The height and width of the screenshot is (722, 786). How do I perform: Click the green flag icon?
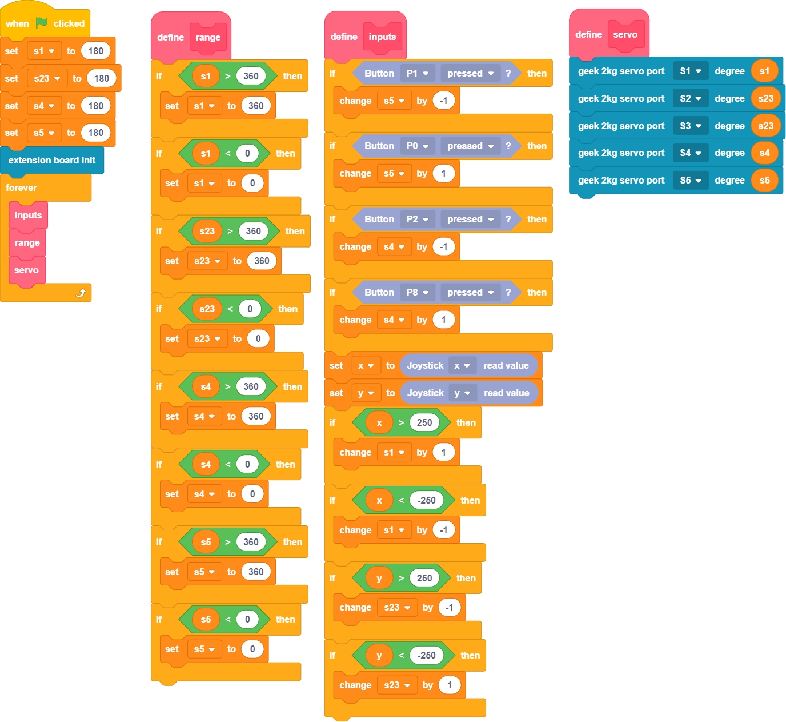[x=42, y=23]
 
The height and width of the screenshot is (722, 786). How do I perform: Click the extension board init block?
[x=51, y=160]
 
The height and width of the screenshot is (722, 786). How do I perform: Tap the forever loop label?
[x=21, y=188]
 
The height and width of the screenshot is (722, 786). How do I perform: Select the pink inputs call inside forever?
[x=28, y=216]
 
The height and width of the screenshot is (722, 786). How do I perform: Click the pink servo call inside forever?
[x=26, y=270]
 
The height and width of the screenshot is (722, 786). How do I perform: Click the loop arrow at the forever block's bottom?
[x=81, y=293]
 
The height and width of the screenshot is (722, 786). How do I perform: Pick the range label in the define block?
[x=208, y=38]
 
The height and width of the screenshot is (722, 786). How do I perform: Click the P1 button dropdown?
[x=418, y=73]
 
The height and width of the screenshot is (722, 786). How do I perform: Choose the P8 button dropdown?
[x=418, y=292]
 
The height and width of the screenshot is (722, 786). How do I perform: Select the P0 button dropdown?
[x=418, y=146]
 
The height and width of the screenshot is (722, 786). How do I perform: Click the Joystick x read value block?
[x=468, y=365]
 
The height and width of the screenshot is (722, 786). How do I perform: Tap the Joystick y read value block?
[x=468, y=393]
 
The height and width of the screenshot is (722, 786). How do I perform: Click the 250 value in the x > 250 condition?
[x=424, y=422]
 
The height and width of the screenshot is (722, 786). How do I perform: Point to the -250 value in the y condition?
[x=426, y=655]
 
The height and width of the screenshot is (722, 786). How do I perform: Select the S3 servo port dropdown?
[x=691, y=126]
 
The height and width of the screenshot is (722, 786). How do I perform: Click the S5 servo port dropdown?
[x=691, y=180]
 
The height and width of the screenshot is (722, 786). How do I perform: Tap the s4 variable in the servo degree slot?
[x=764, y=153]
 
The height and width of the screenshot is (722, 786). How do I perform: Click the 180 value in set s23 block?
[x=102, y=78]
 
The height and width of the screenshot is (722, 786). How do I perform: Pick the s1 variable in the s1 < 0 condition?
[x=206, y=153]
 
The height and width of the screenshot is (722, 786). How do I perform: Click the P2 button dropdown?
[x=418, y=219]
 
